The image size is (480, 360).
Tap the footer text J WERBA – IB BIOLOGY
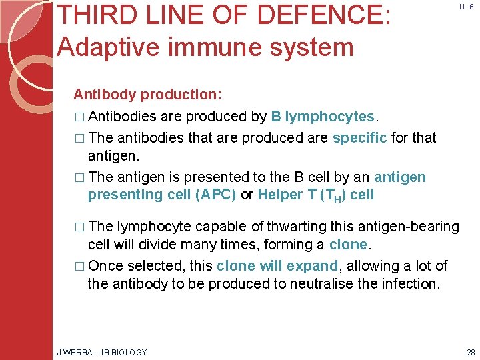(x=102, y=352)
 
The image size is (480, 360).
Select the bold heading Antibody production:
(x=147, y=94)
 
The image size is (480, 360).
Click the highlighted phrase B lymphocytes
(x=324, y=116)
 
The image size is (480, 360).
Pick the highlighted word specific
(x=360, y=137)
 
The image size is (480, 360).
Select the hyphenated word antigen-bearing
(x=403, y=227)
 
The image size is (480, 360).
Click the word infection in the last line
(x=411, y=283)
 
